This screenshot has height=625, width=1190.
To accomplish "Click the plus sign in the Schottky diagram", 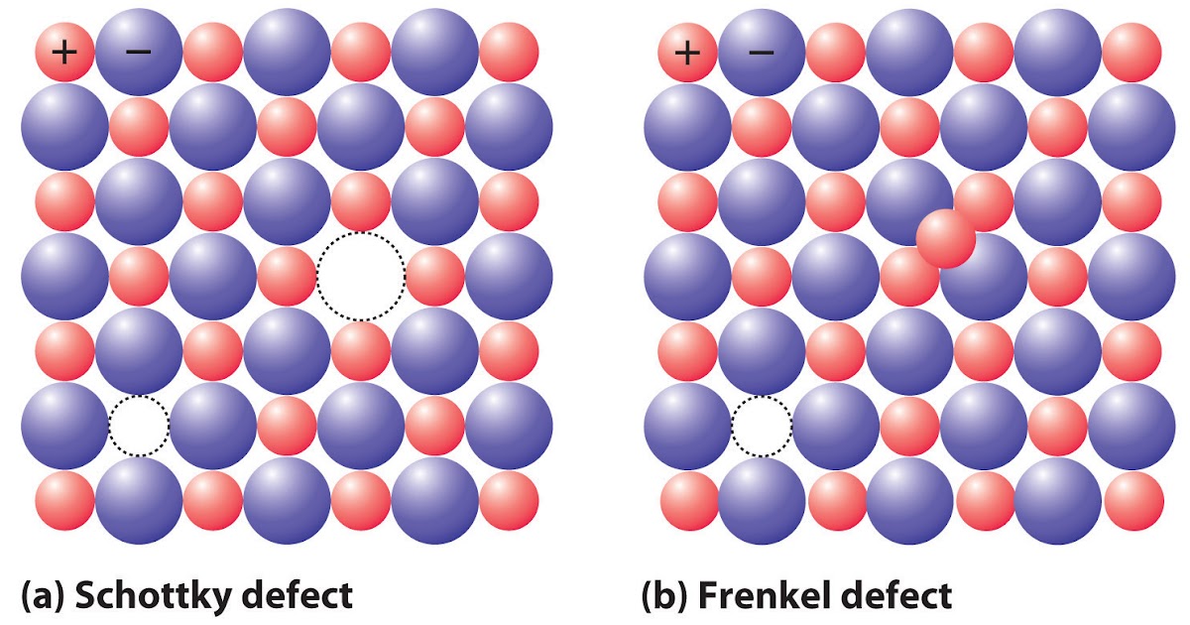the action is pos(64,51).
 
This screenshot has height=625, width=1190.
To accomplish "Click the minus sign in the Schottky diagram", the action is pos(138,51).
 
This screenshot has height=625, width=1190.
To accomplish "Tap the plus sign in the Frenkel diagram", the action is pos(687,51).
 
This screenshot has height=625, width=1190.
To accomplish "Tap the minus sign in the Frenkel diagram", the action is pos(761,51).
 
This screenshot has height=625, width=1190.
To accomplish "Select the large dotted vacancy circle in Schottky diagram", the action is pos(361,276).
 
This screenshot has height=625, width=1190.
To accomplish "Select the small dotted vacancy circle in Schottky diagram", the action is pos(139,425).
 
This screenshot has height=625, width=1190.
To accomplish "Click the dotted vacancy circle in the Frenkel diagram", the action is pos(762,425).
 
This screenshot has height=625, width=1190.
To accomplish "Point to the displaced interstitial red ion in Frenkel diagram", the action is pos(946,238).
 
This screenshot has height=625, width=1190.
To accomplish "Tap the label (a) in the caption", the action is pos(43,596).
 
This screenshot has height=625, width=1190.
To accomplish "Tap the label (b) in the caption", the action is pos(665,596).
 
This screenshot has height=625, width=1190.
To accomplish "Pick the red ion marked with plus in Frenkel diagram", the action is pos(687,51).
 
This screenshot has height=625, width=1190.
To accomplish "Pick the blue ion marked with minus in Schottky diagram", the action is pos(138,51).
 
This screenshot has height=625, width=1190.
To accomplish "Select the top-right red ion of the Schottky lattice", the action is pos(509,51).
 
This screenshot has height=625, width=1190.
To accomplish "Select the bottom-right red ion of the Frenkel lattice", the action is pos(1133,501).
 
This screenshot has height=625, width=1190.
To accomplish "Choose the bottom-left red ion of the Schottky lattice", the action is pos(64,501).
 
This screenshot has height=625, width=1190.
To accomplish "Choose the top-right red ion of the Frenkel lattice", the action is pos(1131,51).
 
